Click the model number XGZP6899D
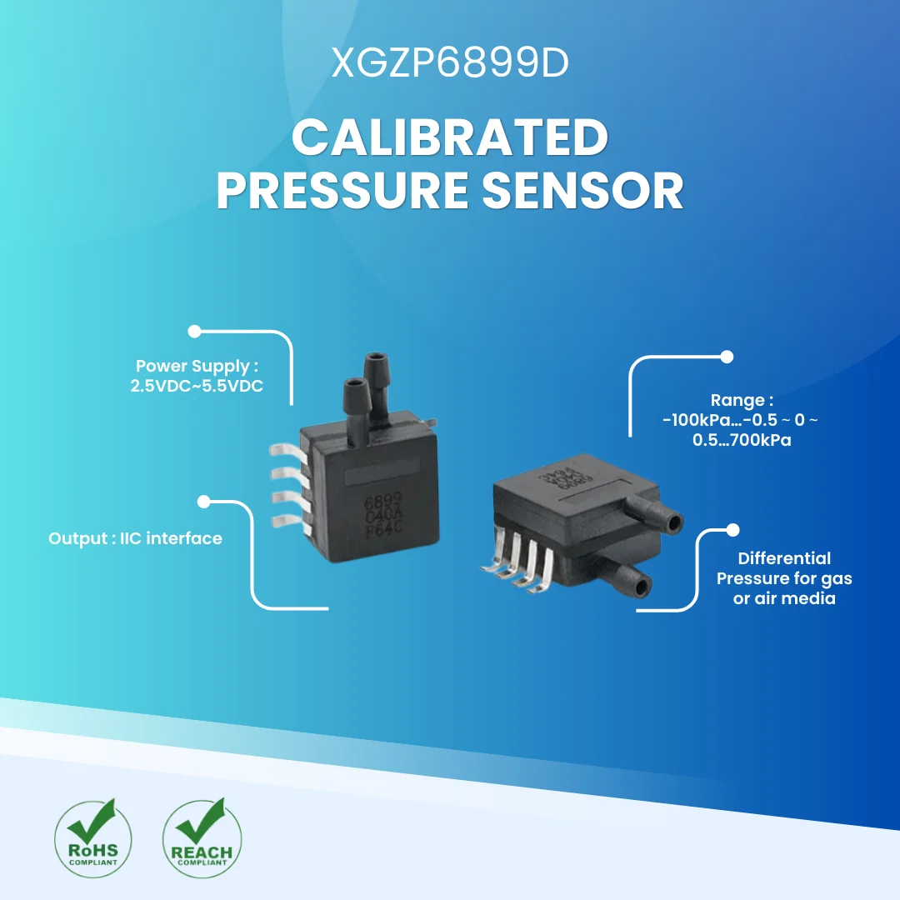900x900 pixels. [450, 63]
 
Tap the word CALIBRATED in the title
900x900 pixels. [450, 138]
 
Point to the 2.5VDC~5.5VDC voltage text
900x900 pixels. [197, 387]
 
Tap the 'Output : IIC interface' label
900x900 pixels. [135, 538]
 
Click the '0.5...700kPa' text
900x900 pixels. [742, 440]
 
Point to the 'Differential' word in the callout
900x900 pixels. [784, 558]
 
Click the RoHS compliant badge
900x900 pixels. [92, 837]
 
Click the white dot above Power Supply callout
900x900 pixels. [195, 331]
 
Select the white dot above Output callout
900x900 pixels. [203, 502]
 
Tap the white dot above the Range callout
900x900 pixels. [726, 357]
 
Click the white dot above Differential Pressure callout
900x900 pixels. [733, 530]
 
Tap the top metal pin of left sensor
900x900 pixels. [285, 450]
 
